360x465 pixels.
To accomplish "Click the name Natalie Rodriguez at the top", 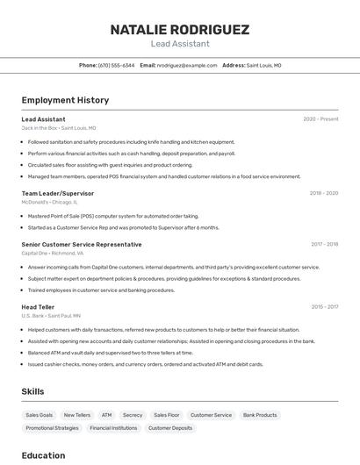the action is click(x=179, y=30).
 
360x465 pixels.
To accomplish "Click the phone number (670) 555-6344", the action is click(x=116, y=65).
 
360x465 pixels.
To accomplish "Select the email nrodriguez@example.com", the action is click(x=187, y=65).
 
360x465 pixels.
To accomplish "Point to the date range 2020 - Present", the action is click(x=320, y=119).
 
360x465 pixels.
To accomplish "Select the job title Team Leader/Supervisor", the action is click(x=57, y=193).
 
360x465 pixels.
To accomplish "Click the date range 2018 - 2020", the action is click(x=323, y=193).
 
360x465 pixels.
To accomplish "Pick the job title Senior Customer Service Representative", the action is click(x=81, y=244).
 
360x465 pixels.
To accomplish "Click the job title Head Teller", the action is click(x=39, y=307).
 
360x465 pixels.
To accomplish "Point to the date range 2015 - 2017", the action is click(x=324, y=307).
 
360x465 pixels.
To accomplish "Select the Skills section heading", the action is click(x=32, y=391).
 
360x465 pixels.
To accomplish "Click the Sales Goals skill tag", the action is click(x=39, y=415).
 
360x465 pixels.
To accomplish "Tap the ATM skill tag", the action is click(x=106, y=415).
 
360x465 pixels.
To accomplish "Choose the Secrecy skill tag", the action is click(x=133, y=415).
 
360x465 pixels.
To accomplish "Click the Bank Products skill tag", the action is click(x=260, y=415).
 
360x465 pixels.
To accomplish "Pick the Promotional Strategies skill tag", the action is click(x=52, y=428).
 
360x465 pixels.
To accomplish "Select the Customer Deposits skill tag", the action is click(x=169, y=428).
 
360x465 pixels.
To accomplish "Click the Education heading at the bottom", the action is click(x=43, y=455).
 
